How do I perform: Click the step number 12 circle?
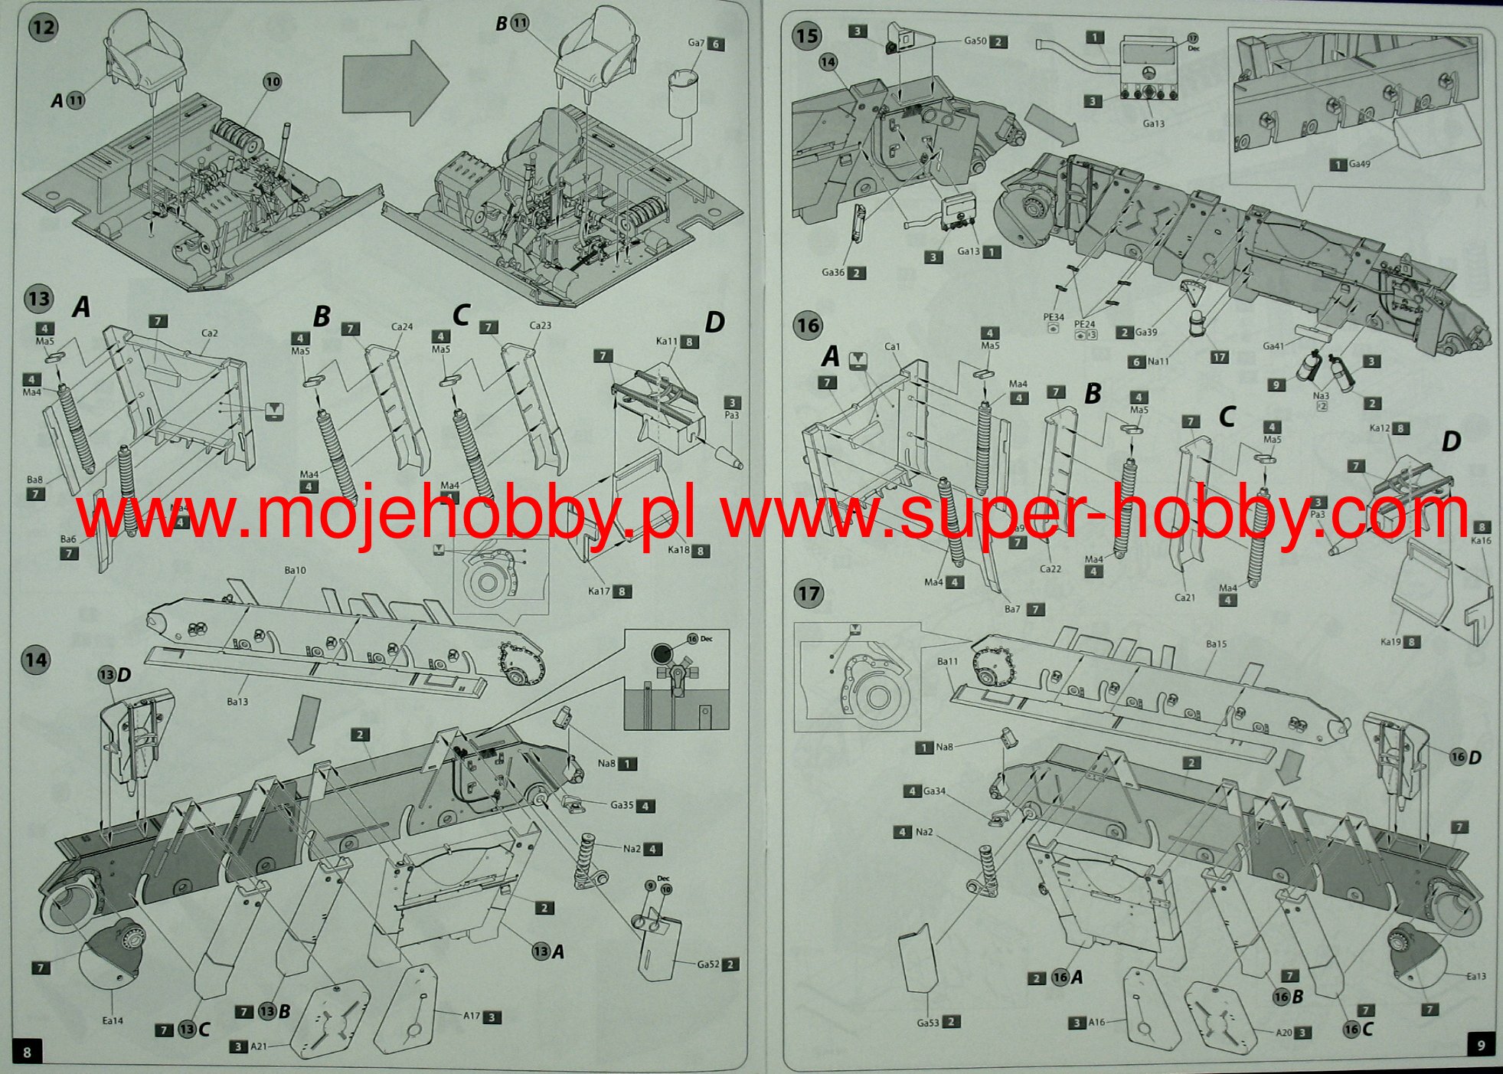point(43,28)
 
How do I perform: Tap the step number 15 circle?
point(807,36)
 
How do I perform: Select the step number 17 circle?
point(809,594)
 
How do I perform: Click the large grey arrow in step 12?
point(394,83)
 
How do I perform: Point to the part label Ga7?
point(696,43)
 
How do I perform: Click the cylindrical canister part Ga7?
point(684,93)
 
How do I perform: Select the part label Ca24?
point(402,326)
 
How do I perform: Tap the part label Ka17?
point(599,591)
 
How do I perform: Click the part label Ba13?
point(237,701)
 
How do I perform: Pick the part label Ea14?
point(113,1020)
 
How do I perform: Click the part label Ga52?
point(708,964)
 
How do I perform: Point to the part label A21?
point(259,1046)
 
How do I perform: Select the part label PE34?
point(1054,317)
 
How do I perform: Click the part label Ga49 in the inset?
point(1360,164)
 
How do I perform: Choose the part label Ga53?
point(928,1022)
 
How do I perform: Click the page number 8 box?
point(28,1052)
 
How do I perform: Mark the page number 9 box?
point(1481,1046)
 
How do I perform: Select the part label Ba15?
point(1216,643)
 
